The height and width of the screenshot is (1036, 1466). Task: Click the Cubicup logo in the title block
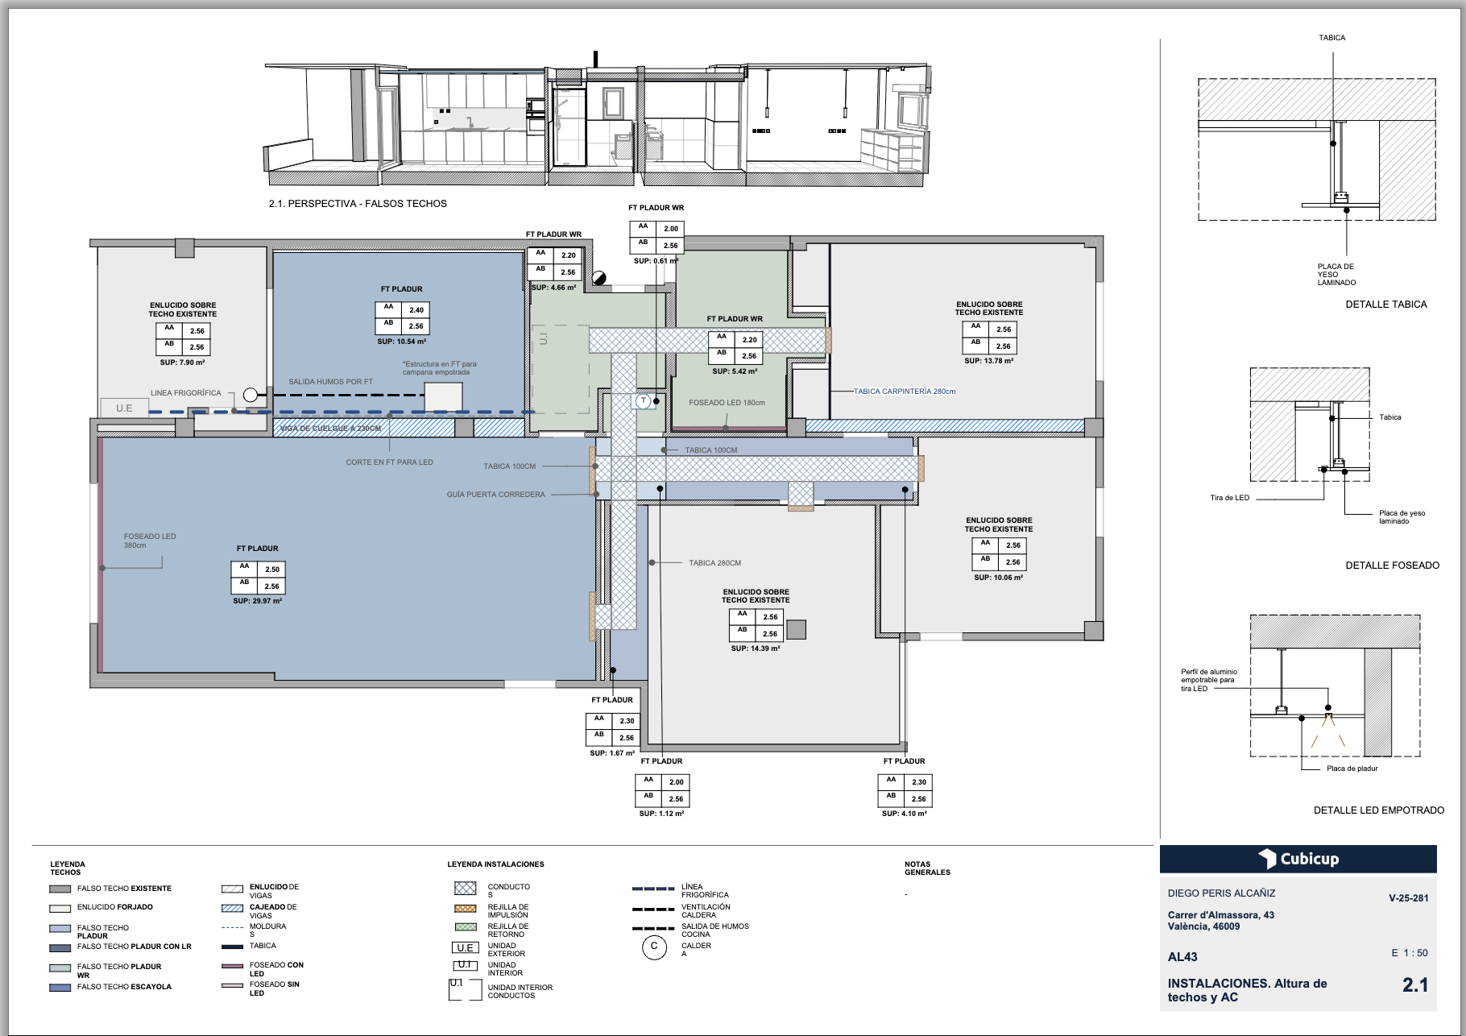point(1298,859)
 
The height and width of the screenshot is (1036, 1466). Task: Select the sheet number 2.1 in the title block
point(1414,984)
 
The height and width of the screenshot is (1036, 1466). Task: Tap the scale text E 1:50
point(1409,953)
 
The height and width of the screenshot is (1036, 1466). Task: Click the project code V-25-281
point(1408,898)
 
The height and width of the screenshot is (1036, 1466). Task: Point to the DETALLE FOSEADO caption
point(1392,566)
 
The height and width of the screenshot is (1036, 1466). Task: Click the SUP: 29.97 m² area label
point(257,601)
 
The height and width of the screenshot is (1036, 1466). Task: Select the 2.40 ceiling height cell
point(416,310)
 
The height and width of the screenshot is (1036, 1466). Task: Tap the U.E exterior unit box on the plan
point(124,408)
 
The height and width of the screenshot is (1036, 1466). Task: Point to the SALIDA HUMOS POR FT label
point(330,382)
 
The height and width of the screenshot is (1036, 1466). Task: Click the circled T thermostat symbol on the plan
point(643,400)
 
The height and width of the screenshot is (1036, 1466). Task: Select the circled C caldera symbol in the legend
point(654,947)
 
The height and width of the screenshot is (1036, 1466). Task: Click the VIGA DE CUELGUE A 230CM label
point(330,429)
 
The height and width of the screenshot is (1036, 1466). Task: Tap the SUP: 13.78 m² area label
point(988,361)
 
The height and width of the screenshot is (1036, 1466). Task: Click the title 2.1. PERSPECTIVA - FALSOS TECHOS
point(358,204)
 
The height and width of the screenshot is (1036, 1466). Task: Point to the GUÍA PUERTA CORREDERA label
point(495,495)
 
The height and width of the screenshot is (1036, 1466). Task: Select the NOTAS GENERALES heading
point(926,868)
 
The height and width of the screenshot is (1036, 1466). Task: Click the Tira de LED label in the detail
point(1229,498)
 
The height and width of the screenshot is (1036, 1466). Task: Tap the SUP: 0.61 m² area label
point(655,261)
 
